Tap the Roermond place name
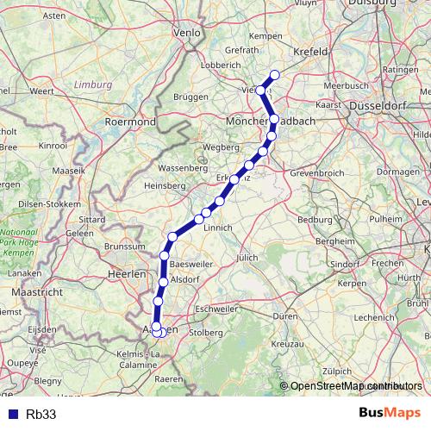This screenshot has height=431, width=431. tap(129, 122)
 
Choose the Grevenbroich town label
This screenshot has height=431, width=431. tap(322, 172)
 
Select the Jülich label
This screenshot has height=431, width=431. tap(247, 257)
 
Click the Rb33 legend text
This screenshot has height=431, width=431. tap(41, 414)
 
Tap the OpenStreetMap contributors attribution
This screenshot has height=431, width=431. tap(353, 386)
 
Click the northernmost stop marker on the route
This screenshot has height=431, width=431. tap(275, 74)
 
